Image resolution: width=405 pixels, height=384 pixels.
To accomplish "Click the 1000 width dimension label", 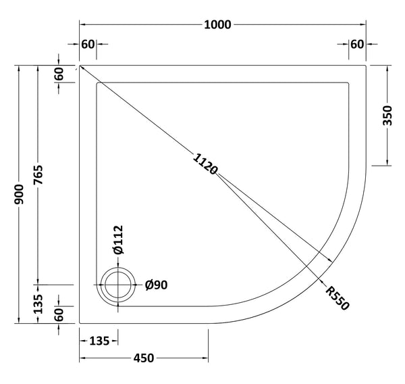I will (217, 25).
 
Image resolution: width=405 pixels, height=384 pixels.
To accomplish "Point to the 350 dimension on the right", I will (387, 116).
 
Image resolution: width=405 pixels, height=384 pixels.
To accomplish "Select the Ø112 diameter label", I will (119, 239).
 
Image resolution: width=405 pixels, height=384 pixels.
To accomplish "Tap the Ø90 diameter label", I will (157, 285).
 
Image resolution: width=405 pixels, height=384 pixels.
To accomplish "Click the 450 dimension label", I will (142, 358).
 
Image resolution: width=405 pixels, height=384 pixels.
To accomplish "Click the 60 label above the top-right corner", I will (357, 45).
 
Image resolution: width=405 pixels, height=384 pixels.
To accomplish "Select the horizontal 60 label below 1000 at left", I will (88, 45).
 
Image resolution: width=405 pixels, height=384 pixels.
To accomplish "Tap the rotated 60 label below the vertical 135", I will (59, 314).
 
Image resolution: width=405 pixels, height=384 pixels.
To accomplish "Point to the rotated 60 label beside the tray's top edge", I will (59, 74).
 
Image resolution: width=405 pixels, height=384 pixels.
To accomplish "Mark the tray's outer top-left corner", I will (80, 66).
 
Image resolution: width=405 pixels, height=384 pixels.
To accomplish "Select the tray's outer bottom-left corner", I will (80, 322).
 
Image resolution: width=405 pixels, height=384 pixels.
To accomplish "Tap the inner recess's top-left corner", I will (98, 83).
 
